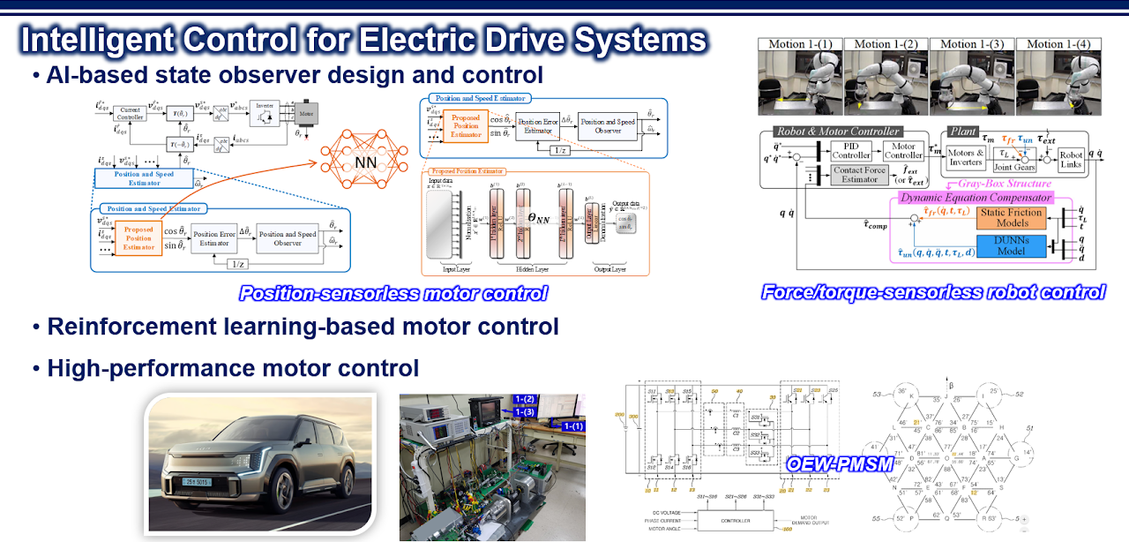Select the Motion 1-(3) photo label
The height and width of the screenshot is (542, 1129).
point(971,44)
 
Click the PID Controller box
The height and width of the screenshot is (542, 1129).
point(852,151)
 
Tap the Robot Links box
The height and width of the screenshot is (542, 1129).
point(1071,160)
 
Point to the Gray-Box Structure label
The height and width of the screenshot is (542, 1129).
point(1018,184)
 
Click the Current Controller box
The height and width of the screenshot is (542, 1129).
point(131,113)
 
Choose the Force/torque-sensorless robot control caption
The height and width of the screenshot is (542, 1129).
point(933,290)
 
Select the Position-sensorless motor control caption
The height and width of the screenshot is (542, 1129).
point(393,293)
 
